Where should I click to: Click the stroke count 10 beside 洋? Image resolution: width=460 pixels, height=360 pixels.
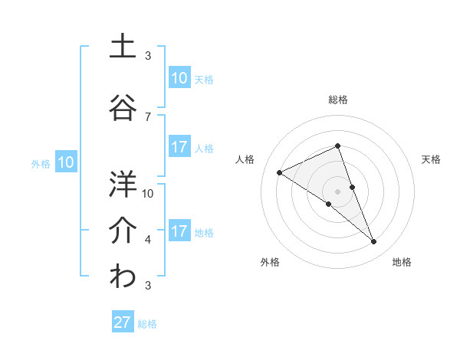point(148,193)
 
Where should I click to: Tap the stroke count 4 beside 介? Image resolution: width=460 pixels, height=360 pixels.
point(148,240)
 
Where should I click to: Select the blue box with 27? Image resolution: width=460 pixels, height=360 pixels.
point(123,322)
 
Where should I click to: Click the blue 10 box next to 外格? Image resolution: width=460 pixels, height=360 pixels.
point(65,162)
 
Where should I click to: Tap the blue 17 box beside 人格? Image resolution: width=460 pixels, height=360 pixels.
point(179,147)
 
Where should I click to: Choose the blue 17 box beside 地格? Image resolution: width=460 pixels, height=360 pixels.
point(179,231)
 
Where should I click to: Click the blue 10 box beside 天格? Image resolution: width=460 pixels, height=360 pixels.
point(179,77)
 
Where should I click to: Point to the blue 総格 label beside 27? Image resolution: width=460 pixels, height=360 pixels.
point(147,324)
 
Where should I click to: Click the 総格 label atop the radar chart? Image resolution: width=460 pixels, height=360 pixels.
point(338,100)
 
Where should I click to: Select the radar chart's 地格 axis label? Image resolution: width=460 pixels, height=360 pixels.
point(402,262)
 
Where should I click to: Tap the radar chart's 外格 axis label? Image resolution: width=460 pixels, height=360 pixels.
point(270,262)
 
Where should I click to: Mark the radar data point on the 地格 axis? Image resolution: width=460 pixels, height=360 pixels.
point(374,242)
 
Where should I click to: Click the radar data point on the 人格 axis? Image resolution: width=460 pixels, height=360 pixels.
point(280,172)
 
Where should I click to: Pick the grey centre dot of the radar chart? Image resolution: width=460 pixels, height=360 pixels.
point(337,191)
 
